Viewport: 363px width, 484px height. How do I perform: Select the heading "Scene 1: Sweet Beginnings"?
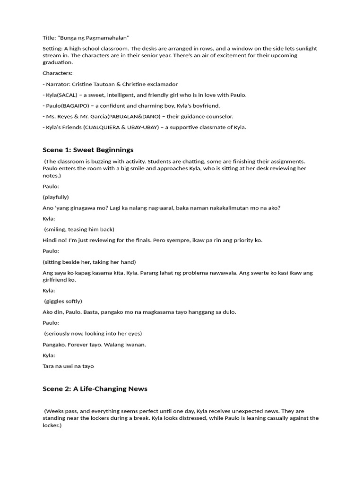pos(88,150)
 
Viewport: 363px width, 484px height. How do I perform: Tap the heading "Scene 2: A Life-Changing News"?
pos(95,389)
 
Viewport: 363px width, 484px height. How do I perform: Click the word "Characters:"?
pos(58,73)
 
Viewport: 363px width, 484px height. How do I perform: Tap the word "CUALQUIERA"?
pos(107,127)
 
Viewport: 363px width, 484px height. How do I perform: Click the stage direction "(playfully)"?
pos(56,197)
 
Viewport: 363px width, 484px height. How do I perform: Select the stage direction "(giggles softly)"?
pos(63,301)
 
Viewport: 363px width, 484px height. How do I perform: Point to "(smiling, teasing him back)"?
pos(79,229)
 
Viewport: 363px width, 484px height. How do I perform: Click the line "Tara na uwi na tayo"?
pos(68,366)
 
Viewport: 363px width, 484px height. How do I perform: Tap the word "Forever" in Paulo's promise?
pos(79,345)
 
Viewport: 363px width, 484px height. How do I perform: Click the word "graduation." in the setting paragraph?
pos(58,62)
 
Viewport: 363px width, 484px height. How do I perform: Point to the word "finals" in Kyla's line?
pos(146,240)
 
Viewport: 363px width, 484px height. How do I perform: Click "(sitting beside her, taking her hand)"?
pos(89,262)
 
